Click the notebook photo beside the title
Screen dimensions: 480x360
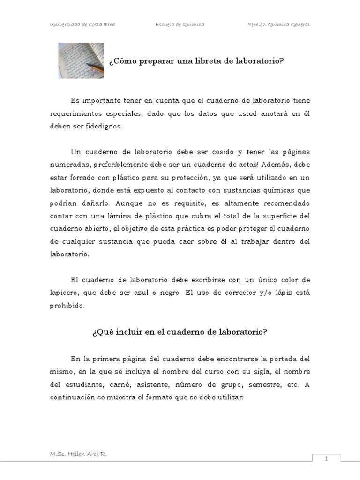(81, 60)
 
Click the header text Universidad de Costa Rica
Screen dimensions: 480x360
(82, 25)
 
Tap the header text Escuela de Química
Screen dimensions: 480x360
(180, 25)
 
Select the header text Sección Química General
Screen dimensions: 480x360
(278, 25)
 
